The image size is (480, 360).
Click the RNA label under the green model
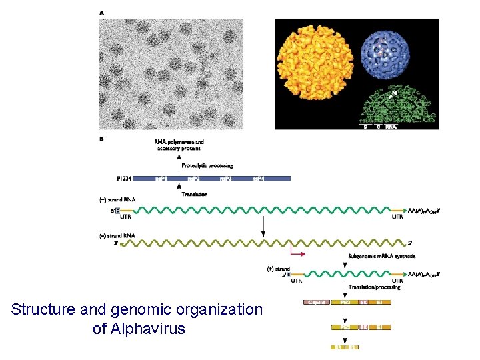(391, 127)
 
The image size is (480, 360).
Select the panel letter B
(101, 139)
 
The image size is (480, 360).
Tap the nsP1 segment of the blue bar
(161, 179)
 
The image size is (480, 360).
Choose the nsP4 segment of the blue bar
(259, 179)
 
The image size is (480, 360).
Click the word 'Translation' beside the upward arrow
(194, 194)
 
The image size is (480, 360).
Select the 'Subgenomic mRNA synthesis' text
(381, 256)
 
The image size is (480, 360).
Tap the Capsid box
(317, 302)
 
